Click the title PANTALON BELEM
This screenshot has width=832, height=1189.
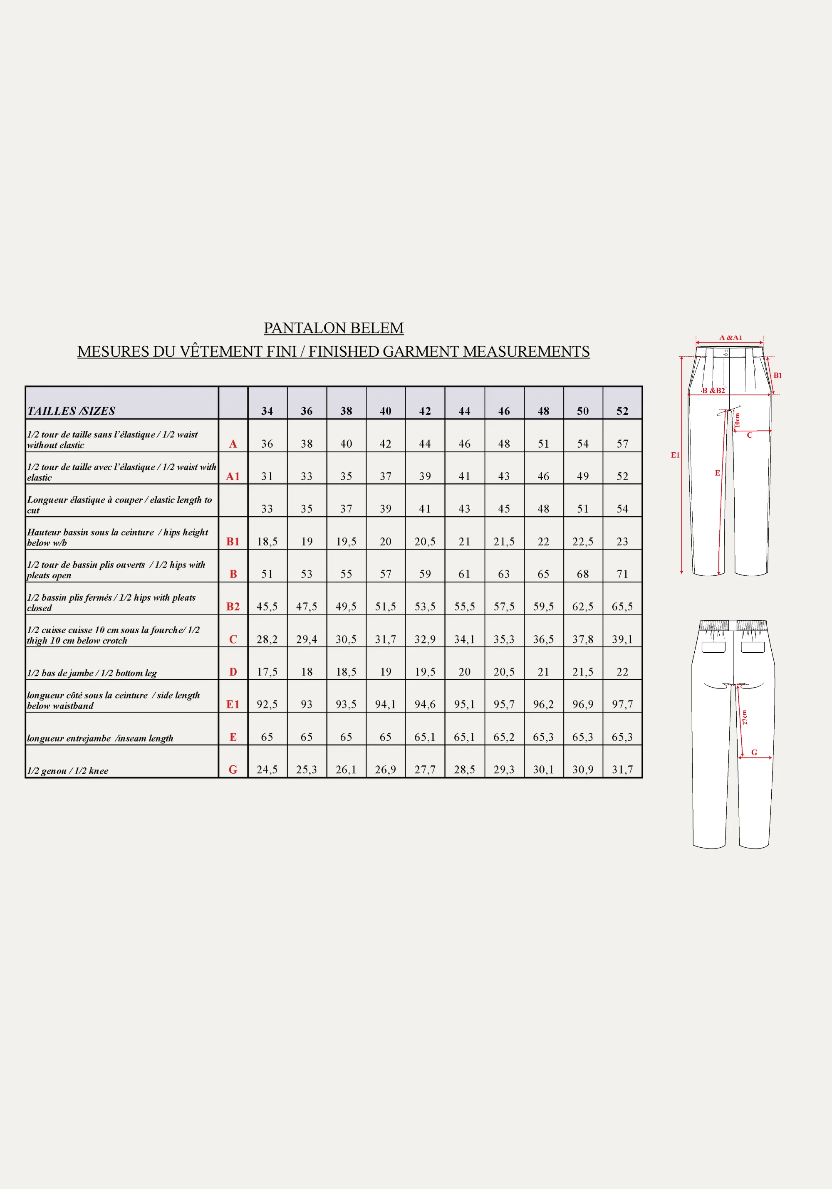pos(333,328)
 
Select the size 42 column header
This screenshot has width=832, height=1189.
pos(425,411)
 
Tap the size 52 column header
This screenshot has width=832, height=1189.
pos(622,411)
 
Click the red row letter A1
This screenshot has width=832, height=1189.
pos(233,476)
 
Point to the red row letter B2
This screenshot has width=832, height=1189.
pos(233,607)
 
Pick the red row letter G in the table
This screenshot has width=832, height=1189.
pos(233,770)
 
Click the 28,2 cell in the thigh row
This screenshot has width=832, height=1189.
pos(267,639)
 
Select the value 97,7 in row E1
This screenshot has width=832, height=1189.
pos(622,704)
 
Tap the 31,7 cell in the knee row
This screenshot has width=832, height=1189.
pos(622,770)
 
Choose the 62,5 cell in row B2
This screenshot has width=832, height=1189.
pos(583,607)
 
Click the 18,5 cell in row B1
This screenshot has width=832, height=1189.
pos(267,542)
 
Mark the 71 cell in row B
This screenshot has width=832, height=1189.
pos(622,574)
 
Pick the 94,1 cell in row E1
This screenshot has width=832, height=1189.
pos(386,704)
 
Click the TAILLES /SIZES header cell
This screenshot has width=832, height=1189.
pos(71,411)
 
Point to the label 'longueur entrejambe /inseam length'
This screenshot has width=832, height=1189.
pos(100,738)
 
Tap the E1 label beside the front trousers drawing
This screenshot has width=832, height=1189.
pos(675,455)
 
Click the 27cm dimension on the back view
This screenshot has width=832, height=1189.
pos(745,717)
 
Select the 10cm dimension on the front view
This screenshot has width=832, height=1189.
pos(737,420)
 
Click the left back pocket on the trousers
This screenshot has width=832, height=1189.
pos(713,647)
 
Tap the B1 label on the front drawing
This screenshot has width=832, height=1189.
pos(778,375)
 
